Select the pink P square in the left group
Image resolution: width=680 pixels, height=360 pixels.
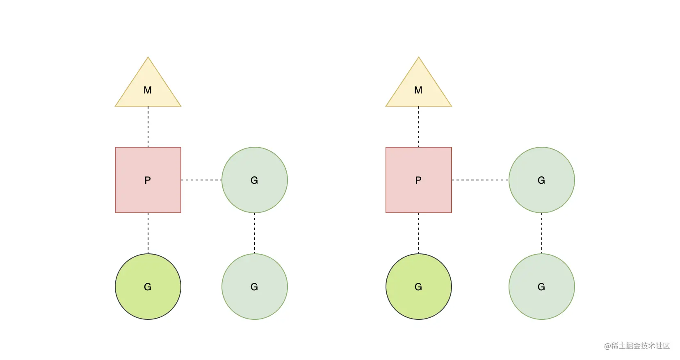(x=148, y=180)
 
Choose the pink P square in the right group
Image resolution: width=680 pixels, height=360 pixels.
(x=419, y=180)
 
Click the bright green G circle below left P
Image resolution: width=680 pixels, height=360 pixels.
(x=148, y=287)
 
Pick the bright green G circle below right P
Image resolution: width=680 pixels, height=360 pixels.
(x=419, y=287)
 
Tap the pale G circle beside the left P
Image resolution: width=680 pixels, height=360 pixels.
(x=254, y=180)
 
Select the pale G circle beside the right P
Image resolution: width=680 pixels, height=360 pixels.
(x=541, y=180)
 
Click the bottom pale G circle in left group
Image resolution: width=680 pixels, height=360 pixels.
(x=254, y=287)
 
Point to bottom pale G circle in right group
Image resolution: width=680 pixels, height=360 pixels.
(x=541, y=287)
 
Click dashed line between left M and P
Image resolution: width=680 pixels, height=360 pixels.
(x=148, y=127)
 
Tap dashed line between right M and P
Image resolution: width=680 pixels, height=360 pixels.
(x=419, y=127)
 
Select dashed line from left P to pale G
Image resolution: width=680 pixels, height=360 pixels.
(x=201, y=180)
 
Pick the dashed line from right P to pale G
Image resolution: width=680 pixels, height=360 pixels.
(x=480, y=180)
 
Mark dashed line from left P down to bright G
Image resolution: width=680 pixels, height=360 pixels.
(x=148, y=233)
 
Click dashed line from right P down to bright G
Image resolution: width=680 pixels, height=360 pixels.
(x=419, y=233)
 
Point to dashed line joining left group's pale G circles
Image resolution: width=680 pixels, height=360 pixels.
(x=254, y=233)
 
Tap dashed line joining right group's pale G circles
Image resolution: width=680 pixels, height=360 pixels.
(x=541, y=233)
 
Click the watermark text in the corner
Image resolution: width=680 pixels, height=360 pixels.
(x=637, y=346)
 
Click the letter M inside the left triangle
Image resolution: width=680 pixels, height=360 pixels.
(x=148, y=90)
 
